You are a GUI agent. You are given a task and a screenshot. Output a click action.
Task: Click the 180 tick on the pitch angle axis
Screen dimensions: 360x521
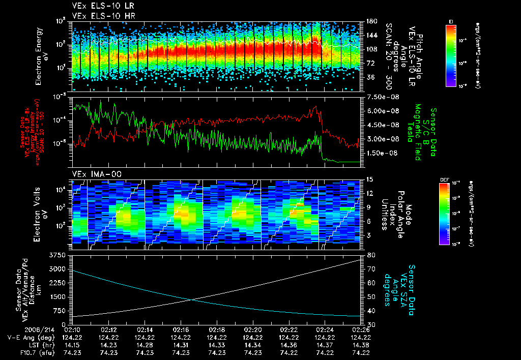pos(369,21)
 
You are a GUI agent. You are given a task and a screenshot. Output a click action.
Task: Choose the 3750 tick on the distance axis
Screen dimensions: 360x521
pos(59,255)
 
